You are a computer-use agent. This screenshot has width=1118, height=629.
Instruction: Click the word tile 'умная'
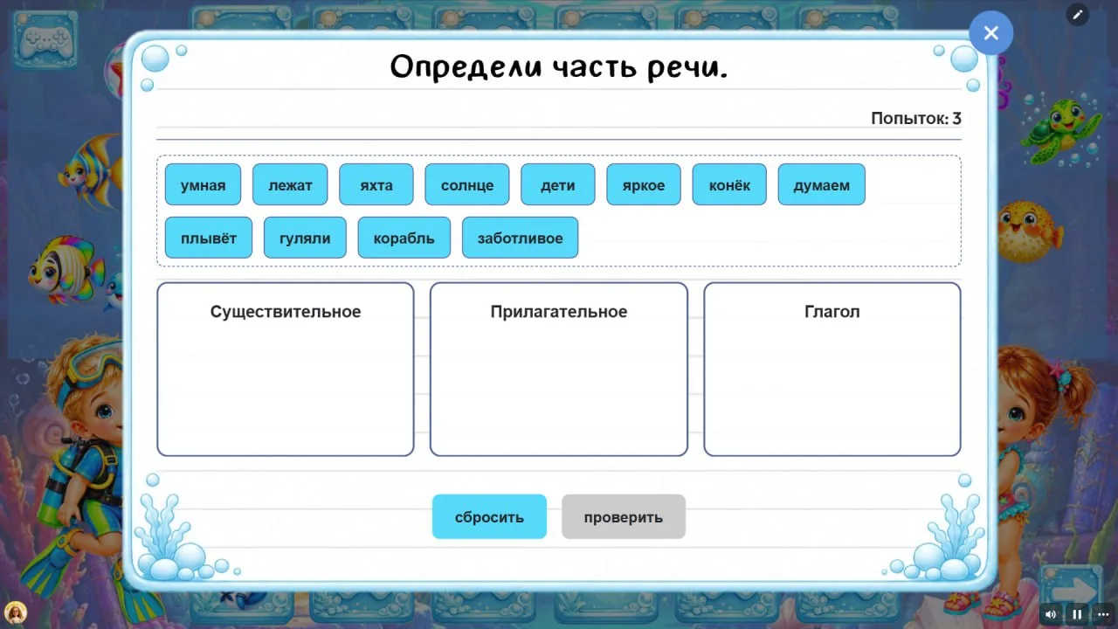(203, 184)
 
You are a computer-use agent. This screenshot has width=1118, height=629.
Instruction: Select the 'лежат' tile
(290, 184)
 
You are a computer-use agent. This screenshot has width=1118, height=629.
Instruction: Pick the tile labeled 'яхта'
(376, 184)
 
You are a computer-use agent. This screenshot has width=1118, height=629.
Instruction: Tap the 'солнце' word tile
(467, 184)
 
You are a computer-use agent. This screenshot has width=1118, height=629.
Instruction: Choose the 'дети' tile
(558, 184)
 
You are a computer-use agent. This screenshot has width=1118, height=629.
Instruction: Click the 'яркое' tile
(644, 184)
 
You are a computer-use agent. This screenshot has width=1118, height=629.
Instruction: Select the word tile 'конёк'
(729, 184)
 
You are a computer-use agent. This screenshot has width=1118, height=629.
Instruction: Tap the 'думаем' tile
(822, 184)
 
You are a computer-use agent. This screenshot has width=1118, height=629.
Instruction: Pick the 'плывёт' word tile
(209, 238)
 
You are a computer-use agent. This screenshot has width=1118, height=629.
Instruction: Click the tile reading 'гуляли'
(305, 238)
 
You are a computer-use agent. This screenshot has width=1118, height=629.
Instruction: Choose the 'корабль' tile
(404, 238)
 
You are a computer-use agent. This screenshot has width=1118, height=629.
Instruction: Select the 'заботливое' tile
(520, 238)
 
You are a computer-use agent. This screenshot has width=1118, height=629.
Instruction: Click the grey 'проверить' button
(624, 516)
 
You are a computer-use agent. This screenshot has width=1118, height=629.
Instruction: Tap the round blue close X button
(991, 33)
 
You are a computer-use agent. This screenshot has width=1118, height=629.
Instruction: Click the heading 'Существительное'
(286, 312)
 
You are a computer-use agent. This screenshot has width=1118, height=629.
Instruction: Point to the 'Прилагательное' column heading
(558, 312)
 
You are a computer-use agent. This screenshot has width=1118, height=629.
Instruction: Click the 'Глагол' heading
(832, 312)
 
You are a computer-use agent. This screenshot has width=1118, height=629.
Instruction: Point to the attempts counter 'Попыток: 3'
(916, 118)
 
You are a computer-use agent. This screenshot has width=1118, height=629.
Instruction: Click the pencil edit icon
(1078, 15)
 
